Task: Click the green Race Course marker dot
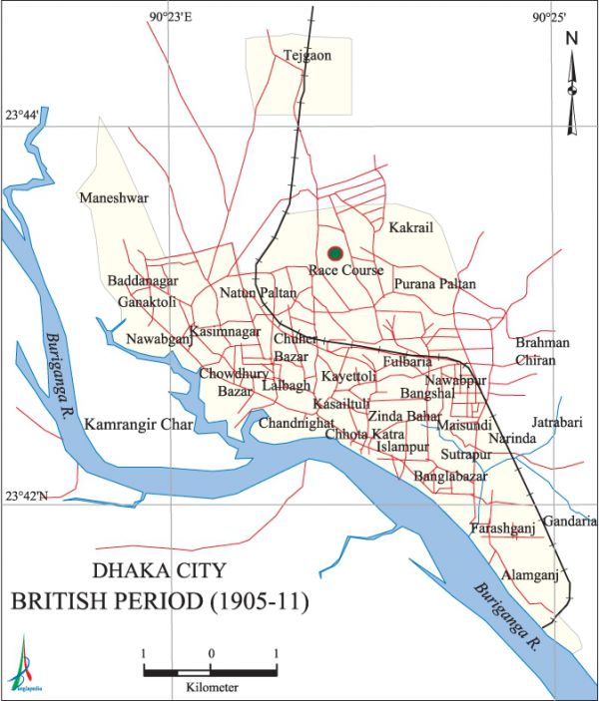tap(334, 252)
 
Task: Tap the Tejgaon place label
tap(306, 55)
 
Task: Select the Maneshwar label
tap(115, 197)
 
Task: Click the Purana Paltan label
tap(434, 284)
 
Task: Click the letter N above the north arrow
tap(572, 40)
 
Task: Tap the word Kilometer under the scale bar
tap(211, 688)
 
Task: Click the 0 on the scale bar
tap(211, 653)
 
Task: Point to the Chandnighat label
tap(297, 424)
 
